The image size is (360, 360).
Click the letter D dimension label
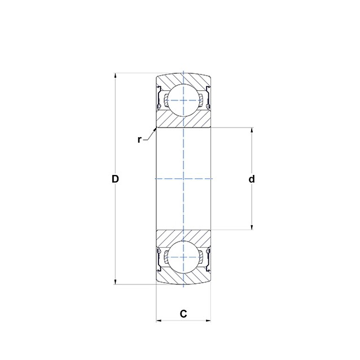[x=115, y=179]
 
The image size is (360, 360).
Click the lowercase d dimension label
[x=252, y=179]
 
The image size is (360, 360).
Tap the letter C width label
[x=183, y=314]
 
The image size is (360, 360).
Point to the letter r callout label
[x=139, y=139]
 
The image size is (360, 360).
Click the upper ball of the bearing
[x=183, y=100]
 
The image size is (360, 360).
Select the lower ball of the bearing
[x=183, y=257]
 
